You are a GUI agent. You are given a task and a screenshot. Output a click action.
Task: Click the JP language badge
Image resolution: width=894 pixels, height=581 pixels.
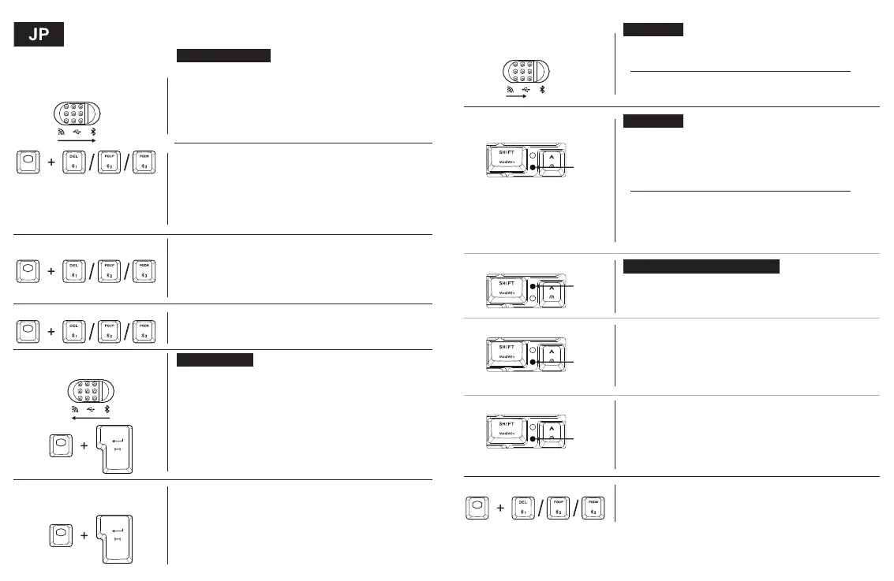39,35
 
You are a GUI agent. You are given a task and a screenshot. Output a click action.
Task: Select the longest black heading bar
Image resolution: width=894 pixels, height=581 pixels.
701,266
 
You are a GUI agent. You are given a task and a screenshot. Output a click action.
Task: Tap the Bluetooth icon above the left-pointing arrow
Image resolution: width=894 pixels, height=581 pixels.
108,410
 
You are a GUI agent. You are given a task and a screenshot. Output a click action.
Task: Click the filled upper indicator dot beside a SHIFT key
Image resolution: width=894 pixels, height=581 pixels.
533,285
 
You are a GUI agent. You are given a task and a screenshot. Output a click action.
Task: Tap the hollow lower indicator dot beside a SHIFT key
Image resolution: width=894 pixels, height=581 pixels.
533,299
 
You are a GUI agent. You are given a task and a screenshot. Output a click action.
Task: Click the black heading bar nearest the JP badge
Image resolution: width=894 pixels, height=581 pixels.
223,55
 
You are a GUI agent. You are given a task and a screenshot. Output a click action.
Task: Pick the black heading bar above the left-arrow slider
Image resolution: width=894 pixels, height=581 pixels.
214,359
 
